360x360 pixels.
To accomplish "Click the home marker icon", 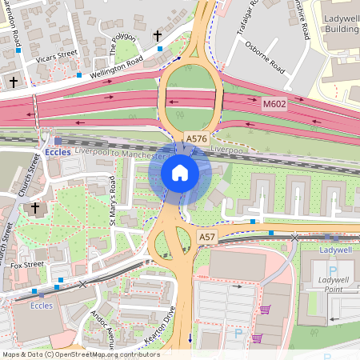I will [180, 173].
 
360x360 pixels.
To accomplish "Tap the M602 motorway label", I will [274, 104].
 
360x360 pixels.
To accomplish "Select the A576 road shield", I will [195, 138].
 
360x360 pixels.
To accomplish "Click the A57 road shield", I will [206, 238].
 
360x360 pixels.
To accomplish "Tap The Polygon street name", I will [122, 46].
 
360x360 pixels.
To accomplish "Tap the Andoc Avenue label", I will [105, 323].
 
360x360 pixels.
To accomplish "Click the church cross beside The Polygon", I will [158, 36].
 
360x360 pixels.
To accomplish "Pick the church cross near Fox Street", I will [34, 208].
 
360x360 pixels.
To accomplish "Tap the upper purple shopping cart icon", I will [265, 310].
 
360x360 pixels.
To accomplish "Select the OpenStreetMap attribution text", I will [80, 354].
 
